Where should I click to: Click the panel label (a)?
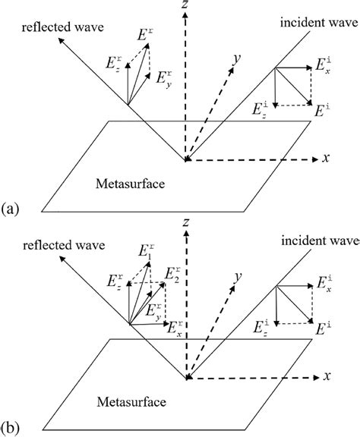(x=11, y=206)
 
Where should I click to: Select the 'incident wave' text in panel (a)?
(x=317, y=23)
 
